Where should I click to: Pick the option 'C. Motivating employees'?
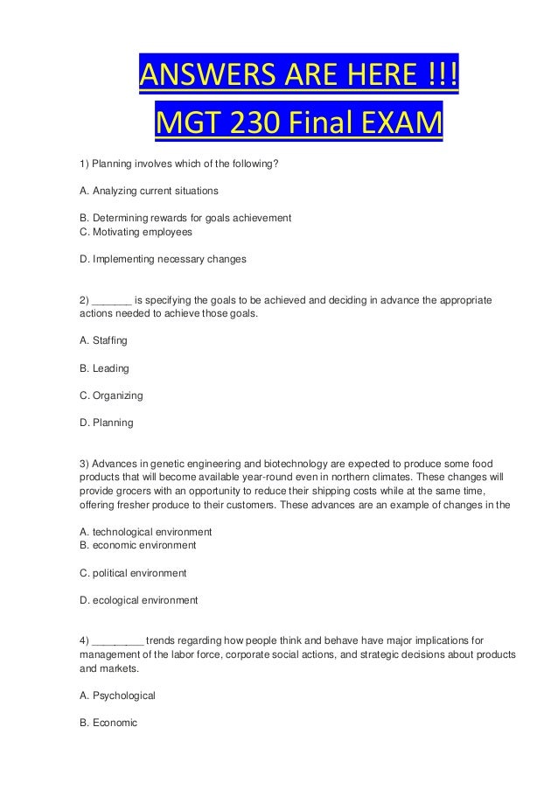point(136,232)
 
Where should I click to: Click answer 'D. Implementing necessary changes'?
point(163,259)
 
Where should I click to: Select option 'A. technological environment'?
point(146,532)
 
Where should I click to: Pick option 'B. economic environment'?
point(138,545)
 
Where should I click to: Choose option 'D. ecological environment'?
point(138,600)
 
